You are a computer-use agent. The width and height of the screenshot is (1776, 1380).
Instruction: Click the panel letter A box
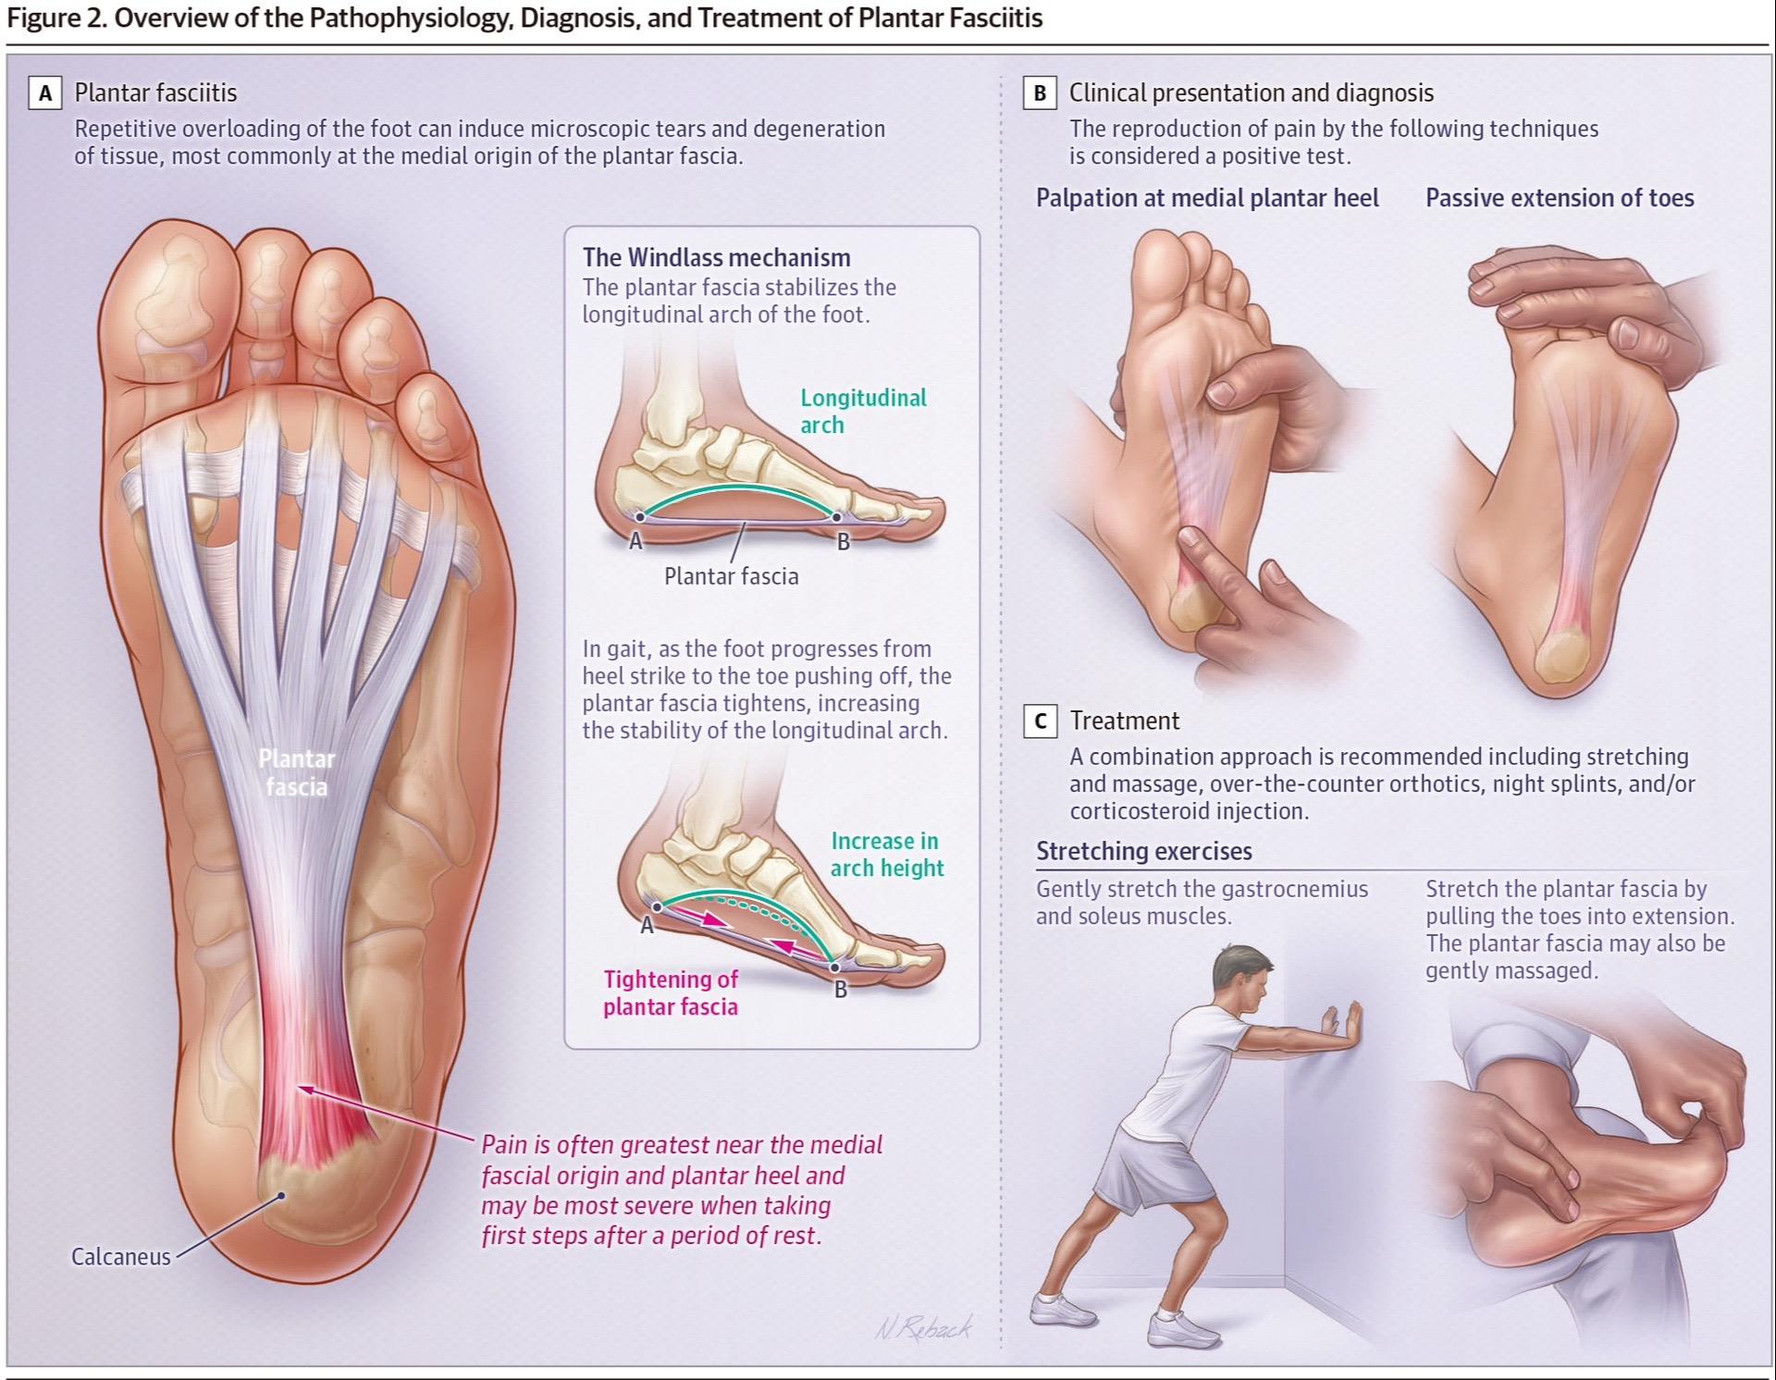[x=45, y=93]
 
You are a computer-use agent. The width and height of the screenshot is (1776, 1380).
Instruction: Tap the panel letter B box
[x=1040, y=93]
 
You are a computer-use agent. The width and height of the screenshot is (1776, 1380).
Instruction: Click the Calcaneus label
[x=121, y=1256]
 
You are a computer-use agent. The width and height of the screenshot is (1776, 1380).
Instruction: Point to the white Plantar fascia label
[x=296, y=772]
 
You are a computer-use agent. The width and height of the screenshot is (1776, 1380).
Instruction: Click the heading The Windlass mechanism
[x=716, y=257]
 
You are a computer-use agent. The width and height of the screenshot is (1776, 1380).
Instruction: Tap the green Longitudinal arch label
[x=862, y=411]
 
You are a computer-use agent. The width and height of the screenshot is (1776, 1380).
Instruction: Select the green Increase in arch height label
[x=886, y=854]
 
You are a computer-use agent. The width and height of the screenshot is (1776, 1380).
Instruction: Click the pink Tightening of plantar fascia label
[x=671, y=992]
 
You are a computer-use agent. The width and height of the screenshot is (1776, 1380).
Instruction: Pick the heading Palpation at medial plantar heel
[x=1206, y=198]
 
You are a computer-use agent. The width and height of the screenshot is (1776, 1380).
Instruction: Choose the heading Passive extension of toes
[x=1560, y=198]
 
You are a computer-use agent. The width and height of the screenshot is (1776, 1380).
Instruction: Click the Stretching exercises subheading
[x=1143, y=851]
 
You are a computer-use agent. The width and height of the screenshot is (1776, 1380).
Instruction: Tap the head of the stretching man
[x=1245, y=980]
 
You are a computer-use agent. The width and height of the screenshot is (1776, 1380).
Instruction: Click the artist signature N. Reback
[x=923, y=1328]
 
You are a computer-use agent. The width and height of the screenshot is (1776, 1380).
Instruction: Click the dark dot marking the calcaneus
[x=282, y=1196]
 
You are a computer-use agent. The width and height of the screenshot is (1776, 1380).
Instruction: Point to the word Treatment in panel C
[x=1124, y=721]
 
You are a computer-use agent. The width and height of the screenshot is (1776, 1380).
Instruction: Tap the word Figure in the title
[x=43, y=18]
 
